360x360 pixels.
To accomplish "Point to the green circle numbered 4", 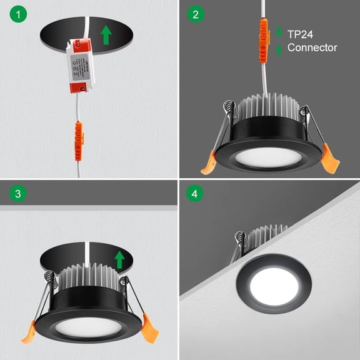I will point(196,194).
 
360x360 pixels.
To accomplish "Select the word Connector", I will point(312,47).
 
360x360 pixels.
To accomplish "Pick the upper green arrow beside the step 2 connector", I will point(279,29).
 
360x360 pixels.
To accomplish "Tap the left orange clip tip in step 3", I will point(29,334).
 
